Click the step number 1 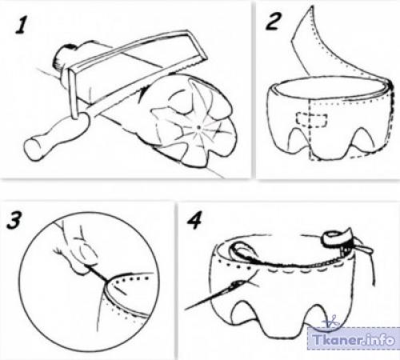[22, 26]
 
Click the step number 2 [273, 22]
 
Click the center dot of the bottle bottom [199, 127]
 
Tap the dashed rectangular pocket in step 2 [312, 119]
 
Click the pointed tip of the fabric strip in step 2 [310, 6]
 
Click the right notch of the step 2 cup [361, 138]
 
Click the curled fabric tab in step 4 [337, 237]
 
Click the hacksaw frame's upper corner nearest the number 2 [206, 57]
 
